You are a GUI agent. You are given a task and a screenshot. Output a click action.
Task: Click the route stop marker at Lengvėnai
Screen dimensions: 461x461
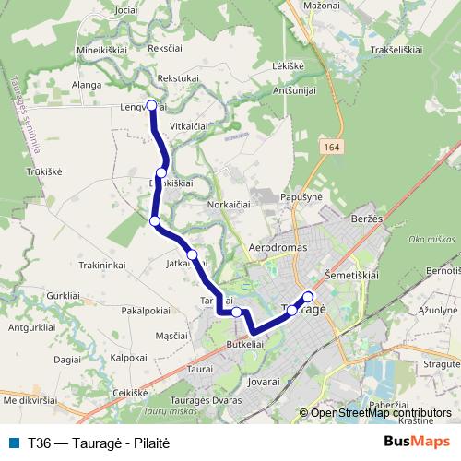coord(152,105)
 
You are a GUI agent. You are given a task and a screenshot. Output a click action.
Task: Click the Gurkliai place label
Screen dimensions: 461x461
coord(63,294)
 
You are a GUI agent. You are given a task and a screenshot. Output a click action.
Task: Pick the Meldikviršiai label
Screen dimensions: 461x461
coord(30,401)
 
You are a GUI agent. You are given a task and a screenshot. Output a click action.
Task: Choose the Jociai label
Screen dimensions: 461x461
coord(126,8)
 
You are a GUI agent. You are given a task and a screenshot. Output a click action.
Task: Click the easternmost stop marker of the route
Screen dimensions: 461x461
coord(308,296)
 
